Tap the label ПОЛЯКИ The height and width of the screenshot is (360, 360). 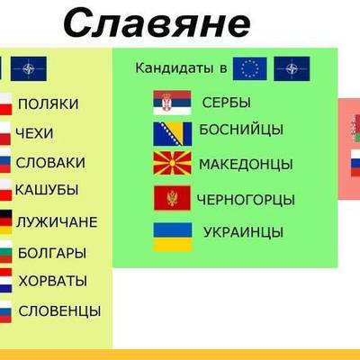[48, 103]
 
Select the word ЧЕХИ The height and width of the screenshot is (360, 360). [35, 133]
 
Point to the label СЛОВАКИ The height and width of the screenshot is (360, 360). [51, 163]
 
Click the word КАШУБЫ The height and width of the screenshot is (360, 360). [46, 191]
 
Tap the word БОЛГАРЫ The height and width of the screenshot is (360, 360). [52, 253]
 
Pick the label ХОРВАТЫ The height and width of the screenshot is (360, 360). [53, 281]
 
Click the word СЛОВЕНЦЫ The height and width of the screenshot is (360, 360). [59, 311]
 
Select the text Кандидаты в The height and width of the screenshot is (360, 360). [178, 68]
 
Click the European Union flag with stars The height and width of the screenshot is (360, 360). [250, 67]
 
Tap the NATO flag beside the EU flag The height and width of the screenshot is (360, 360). [292, 67]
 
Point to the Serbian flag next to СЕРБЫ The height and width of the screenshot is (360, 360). [171, 103]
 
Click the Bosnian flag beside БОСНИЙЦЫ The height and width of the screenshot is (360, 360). [171, 133]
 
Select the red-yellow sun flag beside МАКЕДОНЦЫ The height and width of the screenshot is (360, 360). [171, 164]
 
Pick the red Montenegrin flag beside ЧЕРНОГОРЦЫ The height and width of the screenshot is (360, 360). [171, 199]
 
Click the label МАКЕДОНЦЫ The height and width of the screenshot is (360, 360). [246, 165]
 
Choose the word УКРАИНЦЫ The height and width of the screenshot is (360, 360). [244, 233]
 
